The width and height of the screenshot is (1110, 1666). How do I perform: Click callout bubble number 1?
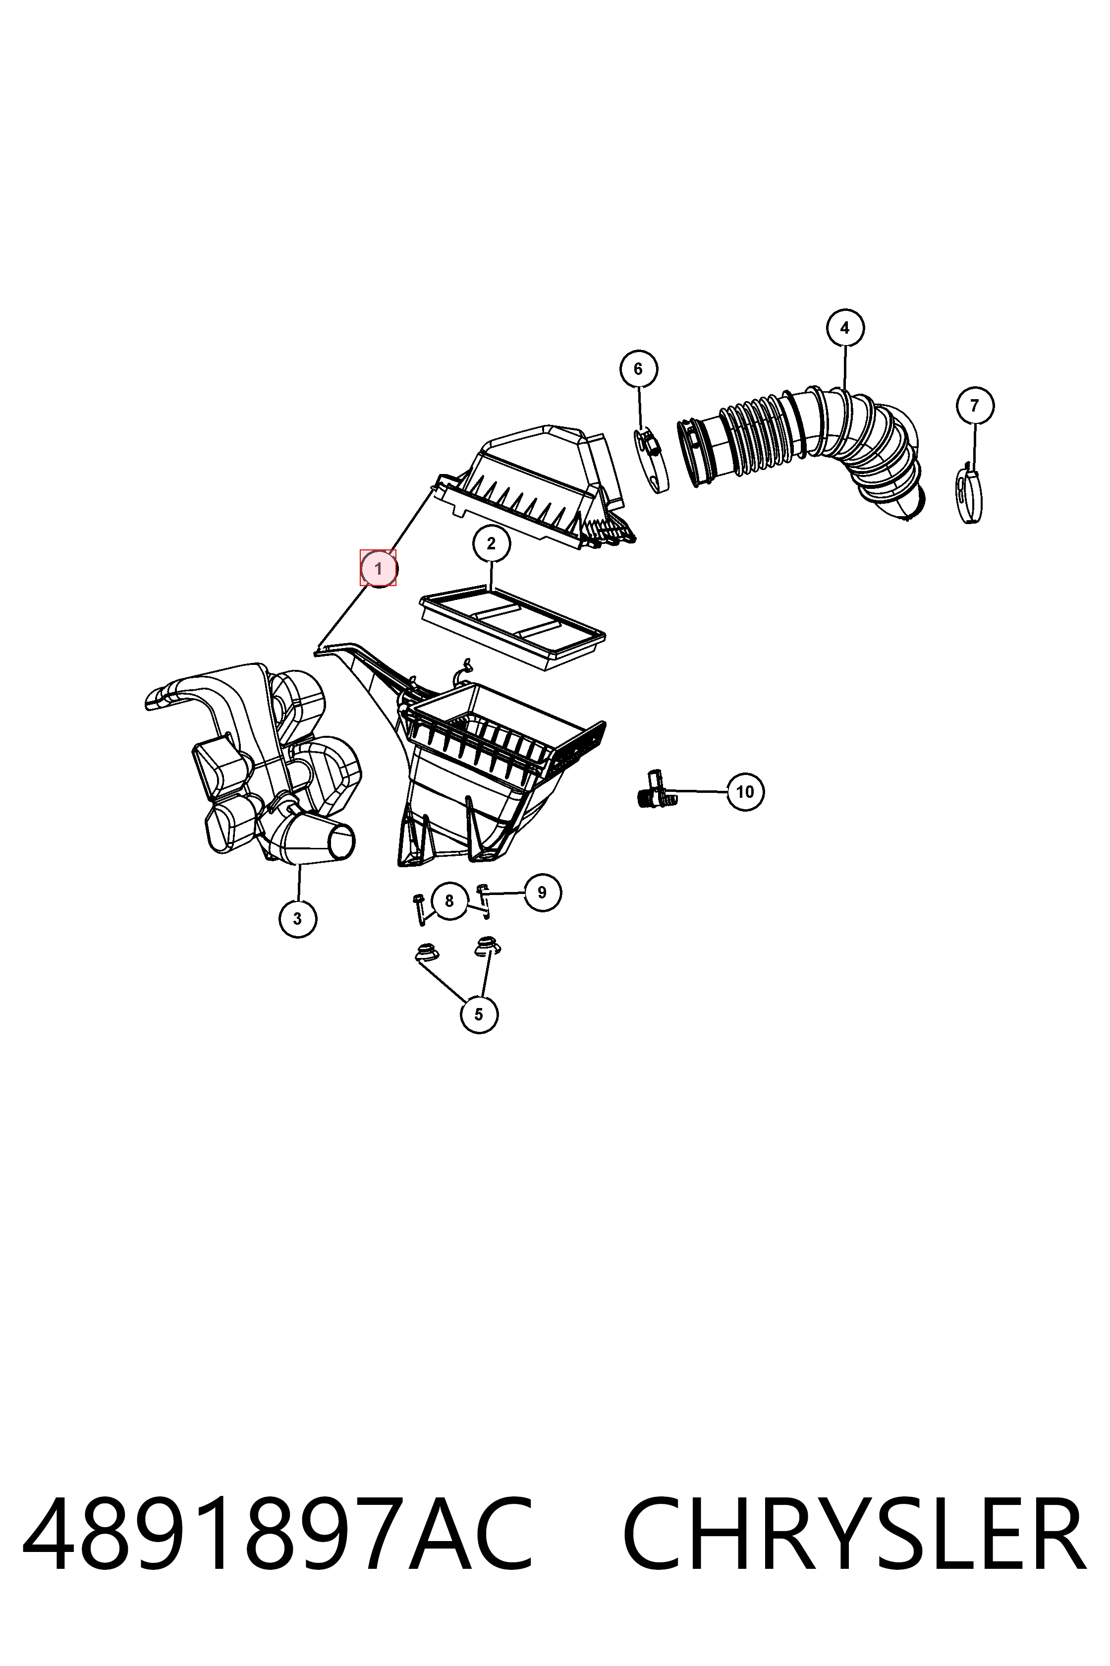coord(378,568)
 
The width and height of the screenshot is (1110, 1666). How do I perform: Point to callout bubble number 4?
coord(845,328)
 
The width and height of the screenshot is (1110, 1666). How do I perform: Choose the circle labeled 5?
coord(479,1014)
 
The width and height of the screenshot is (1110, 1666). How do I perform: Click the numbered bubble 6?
coord(639,369)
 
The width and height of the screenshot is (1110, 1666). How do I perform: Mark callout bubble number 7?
coord(975,406)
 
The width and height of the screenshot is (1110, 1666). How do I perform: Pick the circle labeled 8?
coord(449,901)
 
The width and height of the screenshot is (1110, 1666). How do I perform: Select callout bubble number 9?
coord(542,892)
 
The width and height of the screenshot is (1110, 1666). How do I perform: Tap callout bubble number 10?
coord(745,791)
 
